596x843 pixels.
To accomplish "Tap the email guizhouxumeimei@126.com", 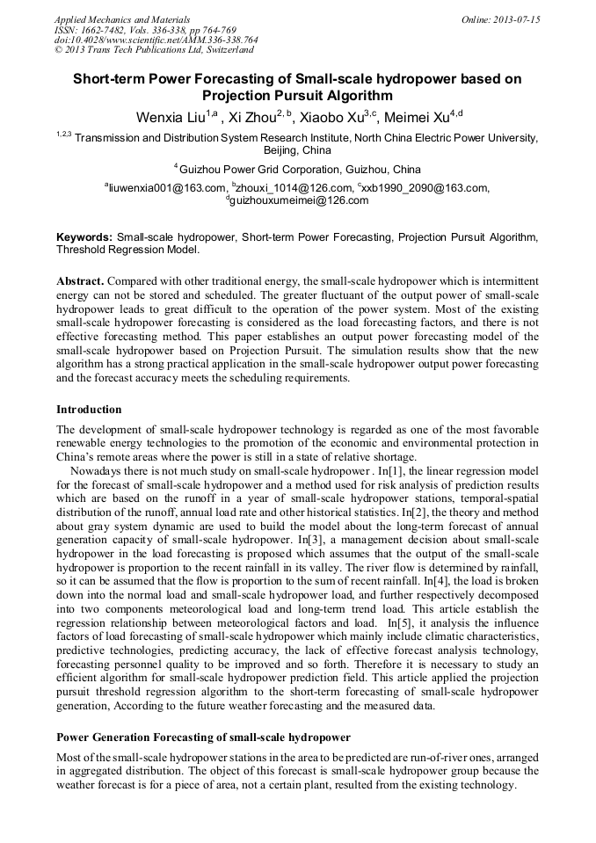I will (x=299, y=201).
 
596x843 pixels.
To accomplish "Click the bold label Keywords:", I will (x=84, y=237).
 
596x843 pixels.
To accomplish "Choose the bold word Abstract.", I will (x=80, y=280).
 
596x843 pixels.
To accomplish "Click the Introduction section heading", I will (x=89, y=410).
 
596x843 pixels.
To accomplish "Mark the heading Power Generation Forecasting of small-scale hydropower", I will (x=203, y=737).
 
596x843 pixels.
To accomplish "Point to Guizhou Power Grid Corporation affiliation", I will (x=299, y=170).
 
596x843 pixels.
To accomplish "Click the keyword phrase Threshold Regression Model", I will (x=127, y=250).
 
